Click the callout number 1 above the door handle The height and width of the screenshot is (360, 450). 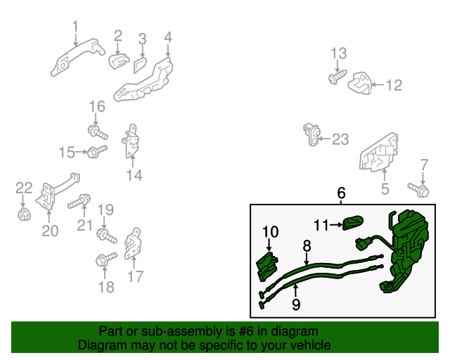[x=75, y=26]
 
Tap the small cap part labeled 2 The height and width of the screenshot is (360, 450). [x=118, y=60]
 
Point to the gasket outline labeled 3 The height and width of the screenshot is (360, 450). [x=141, y=65]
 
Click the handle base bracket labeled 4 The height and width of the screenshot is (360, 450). [x=143, y=81]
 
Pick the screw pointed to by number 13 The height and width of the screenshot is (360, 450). [x=337, y=77]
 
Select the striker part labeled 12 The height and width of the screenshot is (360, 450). [x=360, y=83]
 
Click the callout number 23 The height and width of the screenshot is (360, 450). [x=340, y=139]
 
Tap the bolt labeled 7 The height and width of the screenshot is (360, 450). [x=419, y=190]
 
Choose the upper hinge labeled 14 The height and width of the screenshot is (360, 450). [x=131, y=141]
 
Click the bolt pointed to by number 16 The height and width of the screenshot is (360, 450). [x=98, y=132]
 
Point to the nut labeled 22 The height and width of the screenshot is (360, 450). [x=24, y=214]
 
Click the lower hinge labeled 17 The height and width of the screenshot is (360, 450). [x=133, y=243]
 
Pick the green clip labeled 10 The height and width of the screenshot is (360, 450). [x=267, y=266]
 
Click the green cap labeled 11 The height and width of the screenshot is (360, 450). [x=353, y=222]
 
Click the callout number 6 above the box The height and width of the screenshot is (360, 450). [x=341, y=193]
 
